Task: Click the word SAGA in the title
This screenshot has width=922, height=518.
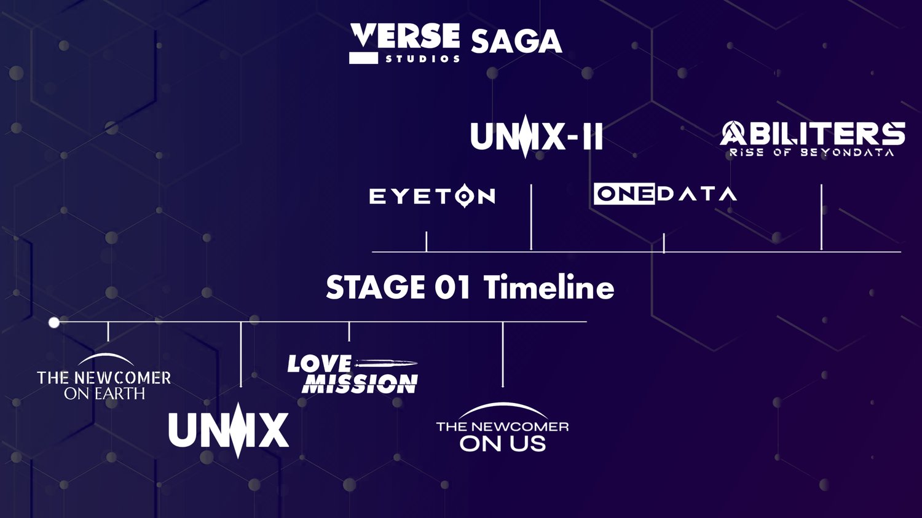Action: coord(516,42)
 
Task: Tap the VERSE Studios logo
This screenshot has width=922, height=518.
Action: coord(404,43)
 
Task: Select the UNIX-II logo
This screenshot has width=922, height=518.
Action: coord(537,136)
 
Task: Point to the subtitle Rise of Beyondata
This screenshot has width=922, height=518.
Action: coord(812,152)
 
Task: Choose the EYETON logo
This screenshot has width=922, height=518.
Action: coord(432,196)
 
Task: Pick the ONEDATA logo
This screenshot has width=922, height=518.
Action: coord(665,194)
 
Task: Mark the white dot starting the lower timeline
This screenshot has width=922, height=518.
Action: coord(54,323)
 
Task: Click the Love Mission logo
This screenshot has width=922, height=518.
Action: coord(352,374)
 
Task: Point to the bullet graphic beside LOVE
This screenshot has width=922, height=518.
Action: coord(385,363)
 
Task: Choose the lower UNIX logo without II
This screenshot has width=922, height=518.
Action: coord(229,430)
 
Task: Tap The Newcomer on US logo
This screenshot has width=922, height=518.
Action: coord(503,427)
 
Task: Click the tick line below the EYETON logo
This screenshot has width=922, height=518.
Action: coord(427,241)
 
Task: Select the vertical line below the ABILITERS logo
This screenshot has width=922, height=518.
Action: coord(822,218)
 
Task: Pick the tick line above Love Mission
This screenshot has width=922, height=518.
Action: coord(349,332)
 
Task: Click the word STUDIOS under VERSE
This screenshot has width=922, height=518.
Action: coord(422,59)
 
